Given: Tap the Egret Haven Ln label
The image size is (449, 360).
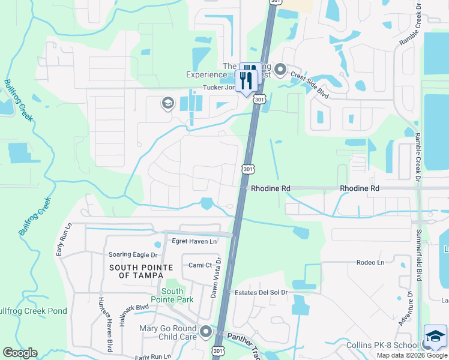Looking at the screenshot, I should coord(194,241).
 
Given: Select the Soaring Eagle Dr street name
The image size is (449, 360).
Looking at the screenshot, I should coord(131,254).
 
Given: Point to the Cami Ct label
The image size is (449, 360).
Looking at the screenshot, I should coord(200,265).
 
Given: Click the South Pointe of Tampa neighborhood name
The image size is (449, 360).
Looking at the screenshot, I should coord(141,271).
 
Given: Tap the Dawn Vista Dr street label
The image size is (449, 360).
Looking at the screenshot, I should coord(216,278).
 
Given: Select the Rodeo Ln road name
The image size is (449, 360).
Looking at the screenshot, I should coord(370,262).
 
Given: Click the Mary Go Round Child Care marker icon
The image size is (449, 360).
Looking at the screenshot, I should coord(206,331).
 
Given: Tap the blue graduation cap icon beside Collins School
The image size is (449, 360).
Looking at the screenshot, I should coord(435,337).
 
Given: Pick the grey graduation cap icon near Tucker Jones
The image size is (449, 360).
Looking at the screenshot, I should coord(167,104).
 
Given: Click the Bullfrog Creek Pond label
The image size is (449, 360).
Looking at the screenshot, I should coord(34,311).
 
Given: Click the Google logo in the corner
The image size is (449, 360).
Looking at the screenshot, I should coord(20,353).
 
